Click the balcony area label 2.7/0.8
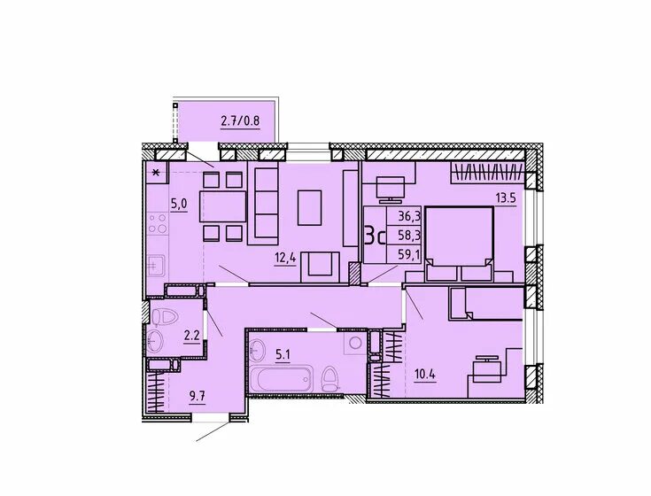tap(240, 121)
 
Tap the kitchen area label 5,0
tap(179, 204)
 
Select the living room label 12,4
tap(285, 258)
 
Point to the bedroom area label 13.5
tap(505, 198)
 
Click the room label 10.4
tap(425, 375)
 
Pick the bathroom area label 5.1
tap(283, 354)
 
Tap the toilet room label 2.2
tap(192, 335)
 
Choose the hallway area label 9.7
tap(198, 396)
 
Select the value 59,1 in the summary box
tap(409, 253)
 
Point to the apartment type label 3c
tap(375, 236)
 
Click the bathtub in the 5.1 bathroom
tap(281, 378)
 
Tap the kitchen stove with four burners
tap(158, 223)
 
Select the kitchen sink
tap(156, 265)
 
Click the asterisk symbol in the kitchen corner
tap(156, 172)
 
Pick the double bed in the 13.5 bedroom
tap(459, 244)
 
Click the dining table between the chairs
tap(223, 205)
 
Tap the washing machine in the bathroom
tap(355, 343)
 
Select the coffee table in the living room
tap(310, 207)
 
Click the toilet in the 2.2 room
tap(165, 318)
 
